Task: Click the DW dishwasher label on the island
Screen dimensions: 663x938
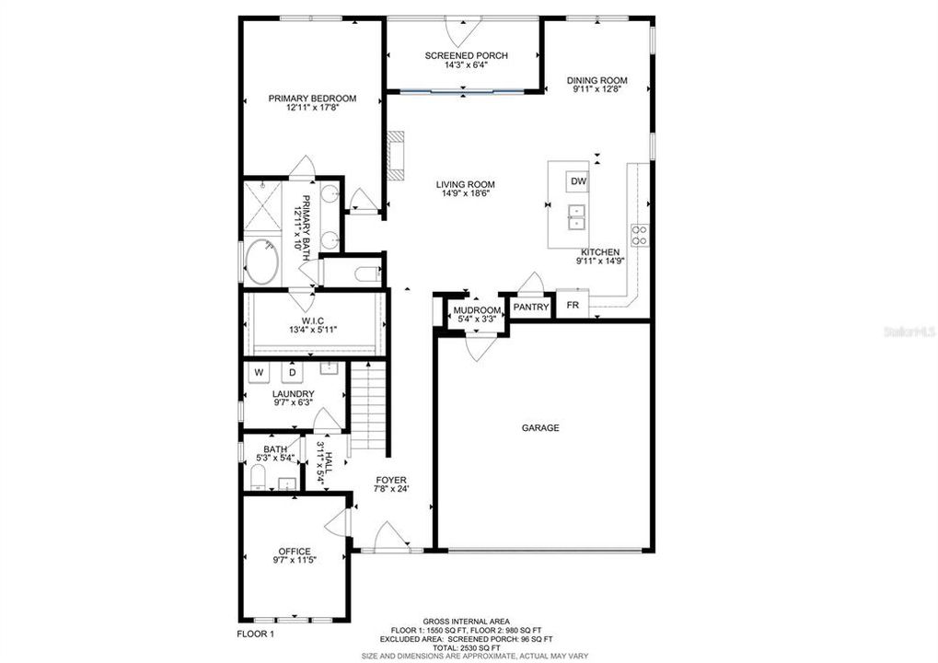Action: [x=578, y=181]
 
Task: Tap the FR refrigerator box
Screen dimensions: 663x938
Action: [x=573, y=306]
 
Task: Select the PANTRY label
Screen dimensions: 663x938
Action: [x=531, y=308]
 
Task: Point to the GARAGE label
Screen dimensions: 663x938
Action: [x=540, y=427]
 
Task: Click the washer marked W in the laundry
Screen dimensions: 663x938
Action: [x=259, y=373]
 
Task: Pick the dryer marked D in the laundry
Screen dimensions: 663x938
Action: [x=293, y=373]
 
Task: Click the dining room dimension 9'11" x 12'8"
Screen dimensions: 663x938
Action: [x=596, y=90]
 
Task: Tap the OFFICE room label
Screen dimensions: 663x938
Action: [x=294, y=552]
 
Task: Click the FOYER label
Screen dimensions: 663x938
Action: [x=391, y=481]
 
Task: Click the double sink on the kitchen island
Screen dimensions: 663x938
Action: [x=574, y=220]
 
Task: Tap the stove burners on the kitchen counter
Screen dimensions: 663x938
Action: [x=639, y=235]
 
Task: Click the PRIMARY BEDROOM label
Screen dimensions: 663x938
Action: [x=312, y=99]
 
